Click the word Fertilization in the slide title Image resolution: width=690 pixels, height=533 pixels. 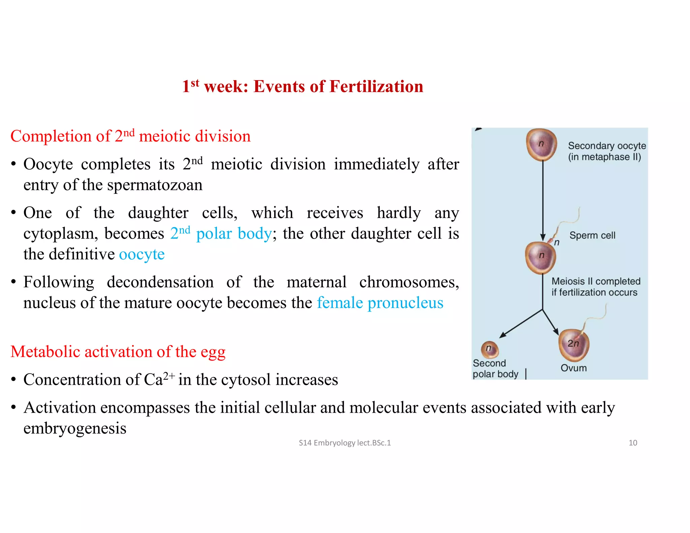tap(376, 87)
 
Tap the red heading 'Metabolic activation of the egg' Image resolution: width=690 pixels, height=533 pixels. tap(118, 352)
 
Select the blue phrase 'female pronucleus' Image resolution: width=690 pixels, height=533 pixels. tap(380, 303)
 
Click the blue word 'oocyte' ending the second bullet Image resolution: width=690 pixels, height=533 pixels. tap(142, 254)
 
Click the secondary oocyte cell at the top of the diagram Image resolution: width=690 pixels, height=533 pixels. tap(541, 145)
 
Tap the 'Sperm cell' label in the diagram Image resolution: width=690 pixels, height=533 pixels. tap(592, 235)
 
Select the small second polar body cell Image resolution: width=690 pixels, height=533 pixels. tap(490, 349)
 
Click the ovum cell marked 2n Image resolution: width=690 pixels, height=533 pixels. tap(574, 345)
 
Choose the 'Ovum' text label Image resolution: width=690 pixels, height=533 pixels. tap(573, 368)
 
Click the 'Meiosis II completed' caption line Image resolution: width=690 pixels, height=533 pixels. tap(596, 281)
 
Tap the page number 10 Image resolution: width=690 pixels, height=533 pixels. tap(633, 443)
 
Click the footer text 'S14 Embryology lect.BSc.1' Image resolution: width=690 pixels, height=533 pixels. tap(345, 443)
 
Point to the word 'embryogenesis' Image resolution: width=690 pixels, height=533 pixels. tap(75, 429)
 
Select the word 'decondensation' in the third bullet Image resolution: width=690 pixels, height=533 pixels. tap(160, 282)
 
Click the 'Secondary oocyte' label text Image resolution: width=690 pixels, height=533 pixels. tap(607, 146)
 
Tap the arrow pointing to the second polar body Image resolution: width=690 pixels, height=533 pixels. tap(521, 324)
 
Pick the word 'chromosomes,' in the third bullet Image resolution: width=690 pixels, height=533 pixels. tap(409, 282)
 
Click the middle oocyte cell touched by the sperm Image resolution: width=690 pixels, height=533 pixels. tap(541, 257)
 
